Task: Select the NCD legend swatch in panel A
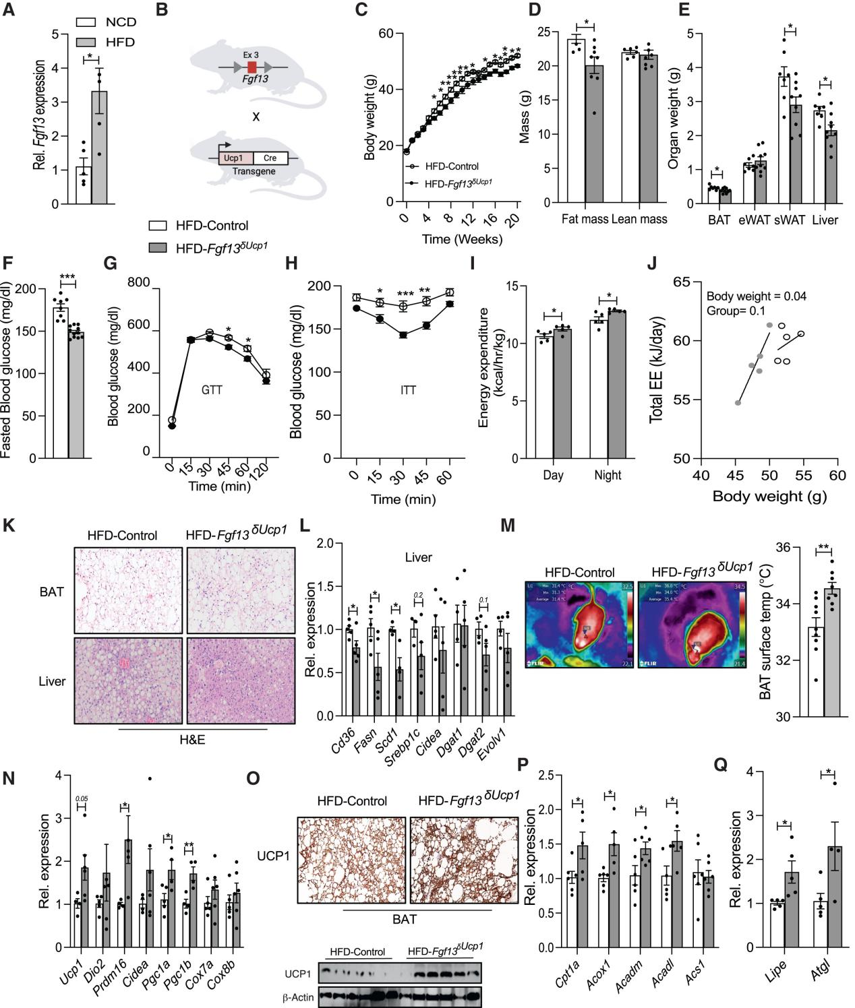tap(86, 22)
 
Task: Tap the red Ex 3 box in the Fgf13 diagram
tap(252, 67)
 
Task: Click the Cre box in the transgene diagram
tap(270, 158)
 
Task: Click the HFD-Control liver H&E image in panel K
tap(129, 681)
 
